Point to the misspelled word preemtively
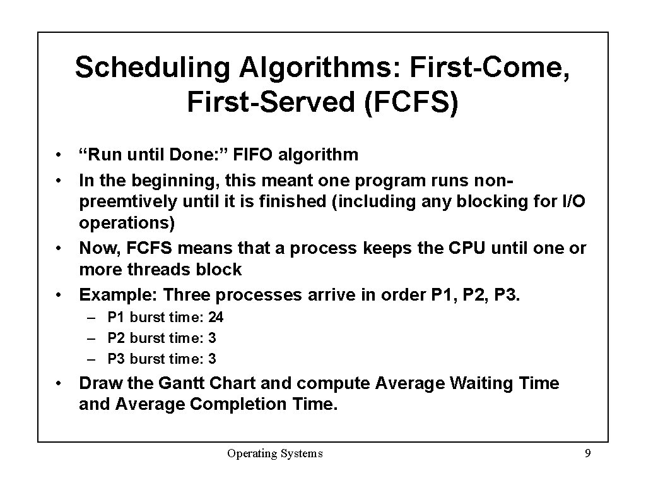pos(129,202)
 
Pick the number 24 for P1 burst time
pos(216,317)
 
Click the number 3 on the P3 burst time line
pos(212,359)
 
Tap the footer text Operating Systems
pos(275,453)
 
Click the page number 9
pos(587,453)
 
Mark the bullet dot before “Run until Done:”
pos(57,155)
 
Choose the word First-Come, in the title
pos(491,68)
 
